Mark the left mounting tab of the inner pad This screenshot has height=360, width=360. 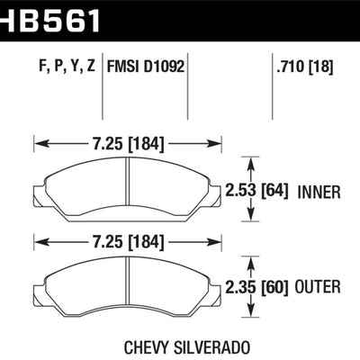(x=37, y=191)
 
